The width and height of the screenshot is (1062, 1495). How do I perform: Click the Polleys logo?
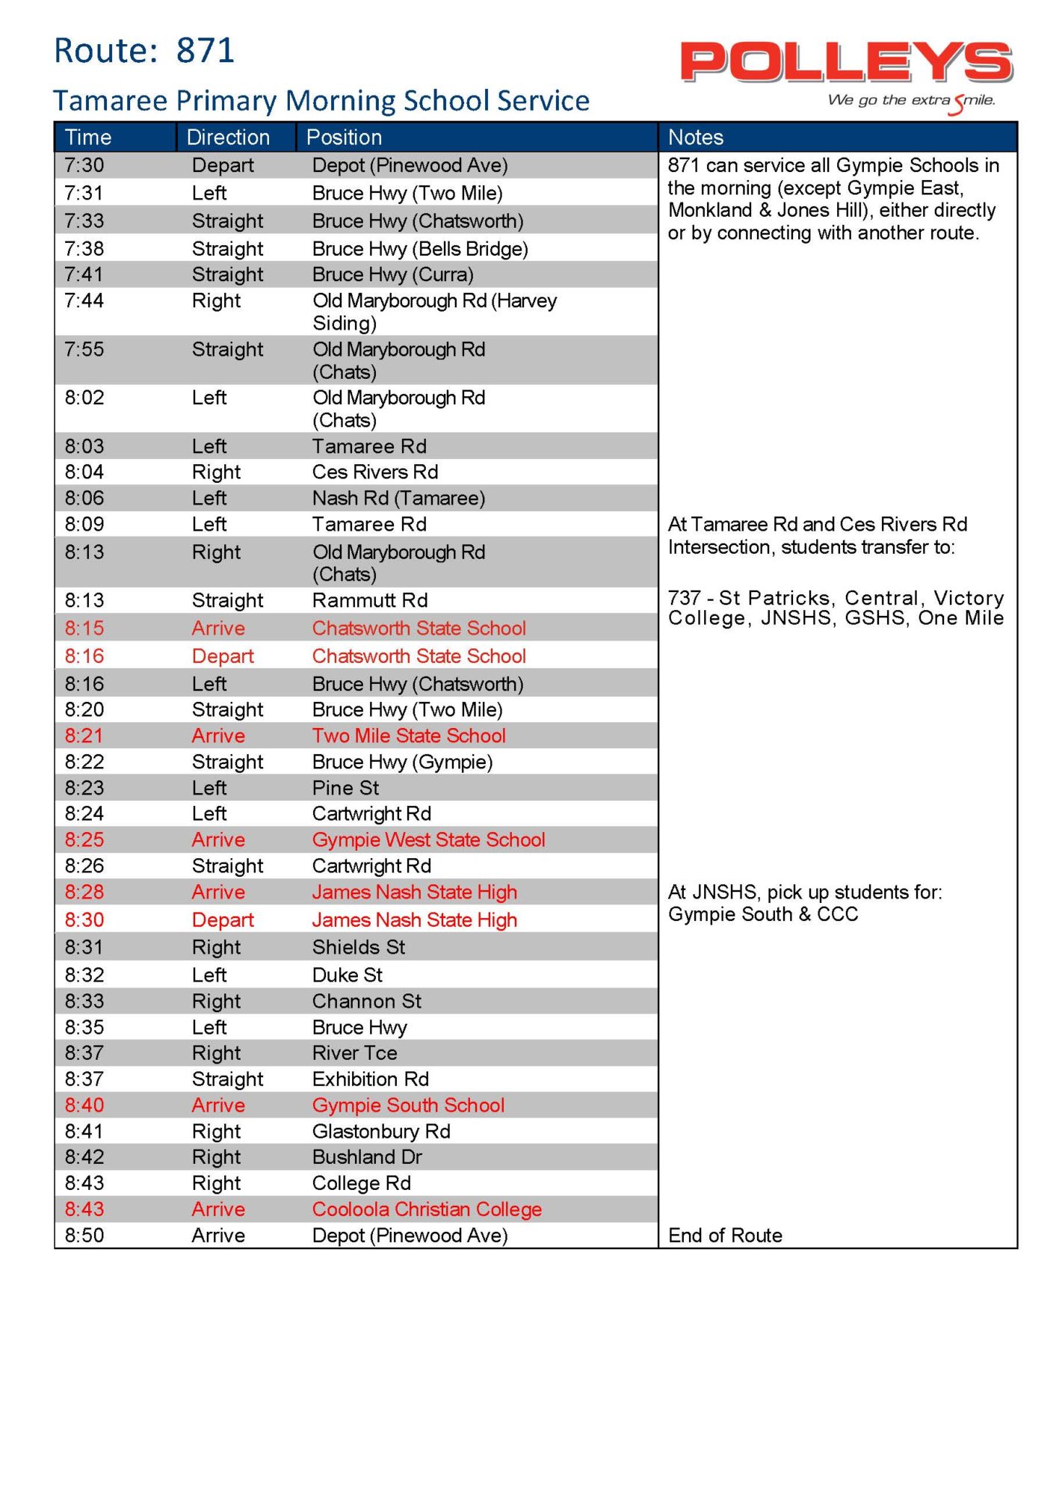click(846, 63)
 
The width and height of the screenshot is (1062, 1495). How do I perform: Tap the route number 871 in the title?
click(206, 51)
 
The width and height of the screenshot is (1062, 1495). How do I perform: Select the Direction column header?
click(228, 138)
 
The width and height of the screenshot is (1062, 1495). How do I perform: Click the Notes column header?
click(696, 138)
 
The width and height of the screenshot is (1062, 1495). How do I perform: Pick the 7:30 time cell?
click(84, 165)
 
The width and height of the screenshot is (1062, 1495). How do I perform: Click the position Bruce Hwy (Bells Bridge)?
click(420, 248)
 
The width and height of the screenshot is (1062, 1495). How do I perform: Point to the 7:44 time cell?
click(84, 300)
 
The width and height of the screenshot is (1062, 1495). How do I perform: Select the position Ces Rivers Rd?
click(375, 472)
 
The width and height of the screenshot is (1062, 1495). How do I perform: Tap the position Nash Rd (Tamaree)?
click(398, 498)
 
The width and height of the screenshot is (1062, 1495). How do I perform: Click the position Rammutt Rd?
click(370, 600)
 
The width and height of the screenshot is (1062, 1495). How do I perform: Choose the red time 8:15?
click(84, 628)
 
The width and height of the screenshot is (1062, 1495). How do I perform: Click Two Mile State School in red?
click(409, 736)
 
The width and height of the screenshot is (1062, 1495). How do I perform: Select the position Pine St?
click(345, 788)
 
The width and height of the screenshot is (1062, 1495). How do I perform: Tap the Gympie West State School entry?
click(428, 839)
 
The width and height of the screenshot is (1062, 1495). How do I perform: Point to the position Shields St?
click(359, 947)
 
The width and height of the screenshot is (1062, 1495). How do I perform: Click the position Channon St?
click(366, 1001)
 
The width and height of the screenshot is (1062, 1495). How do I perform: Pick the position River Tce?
click(354, 1052)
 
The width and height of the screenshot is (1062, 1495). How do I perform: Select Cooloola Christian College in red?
click(427, 1209)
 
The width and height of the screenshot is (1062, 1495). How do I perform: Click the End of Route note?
click(725, 1235)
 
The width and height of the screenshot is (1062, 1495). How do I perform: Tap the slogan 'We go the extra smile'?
click(911, 101)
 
